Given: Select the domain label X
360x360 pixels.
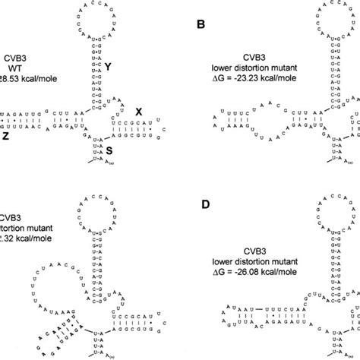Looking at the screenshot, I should [138, 111].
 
